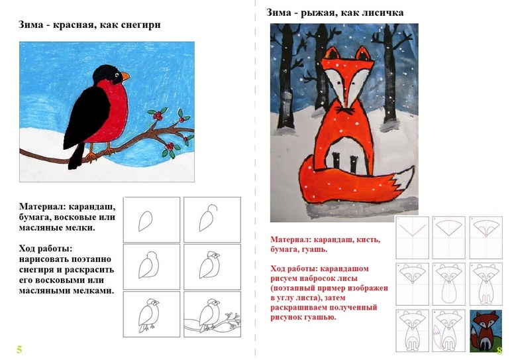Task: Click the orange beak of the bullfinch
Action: tap(125, 77)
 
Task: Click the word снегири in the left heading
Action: tap(140, 25)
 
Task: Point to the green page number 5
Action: tap(19, 349)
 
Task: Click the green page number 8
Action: tap(499, 350)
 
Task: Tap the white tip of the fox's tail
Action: tap(404, 181)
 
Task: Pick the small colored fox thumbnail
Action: tap(484, 331)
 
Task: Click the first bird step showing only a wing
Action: tap(152, 219)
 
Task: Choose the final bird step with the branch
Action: tap(213, 314)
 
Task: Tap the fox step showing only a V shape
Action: tap(413, 237)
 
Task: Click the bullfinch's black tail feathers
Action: tap(77, 156)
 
